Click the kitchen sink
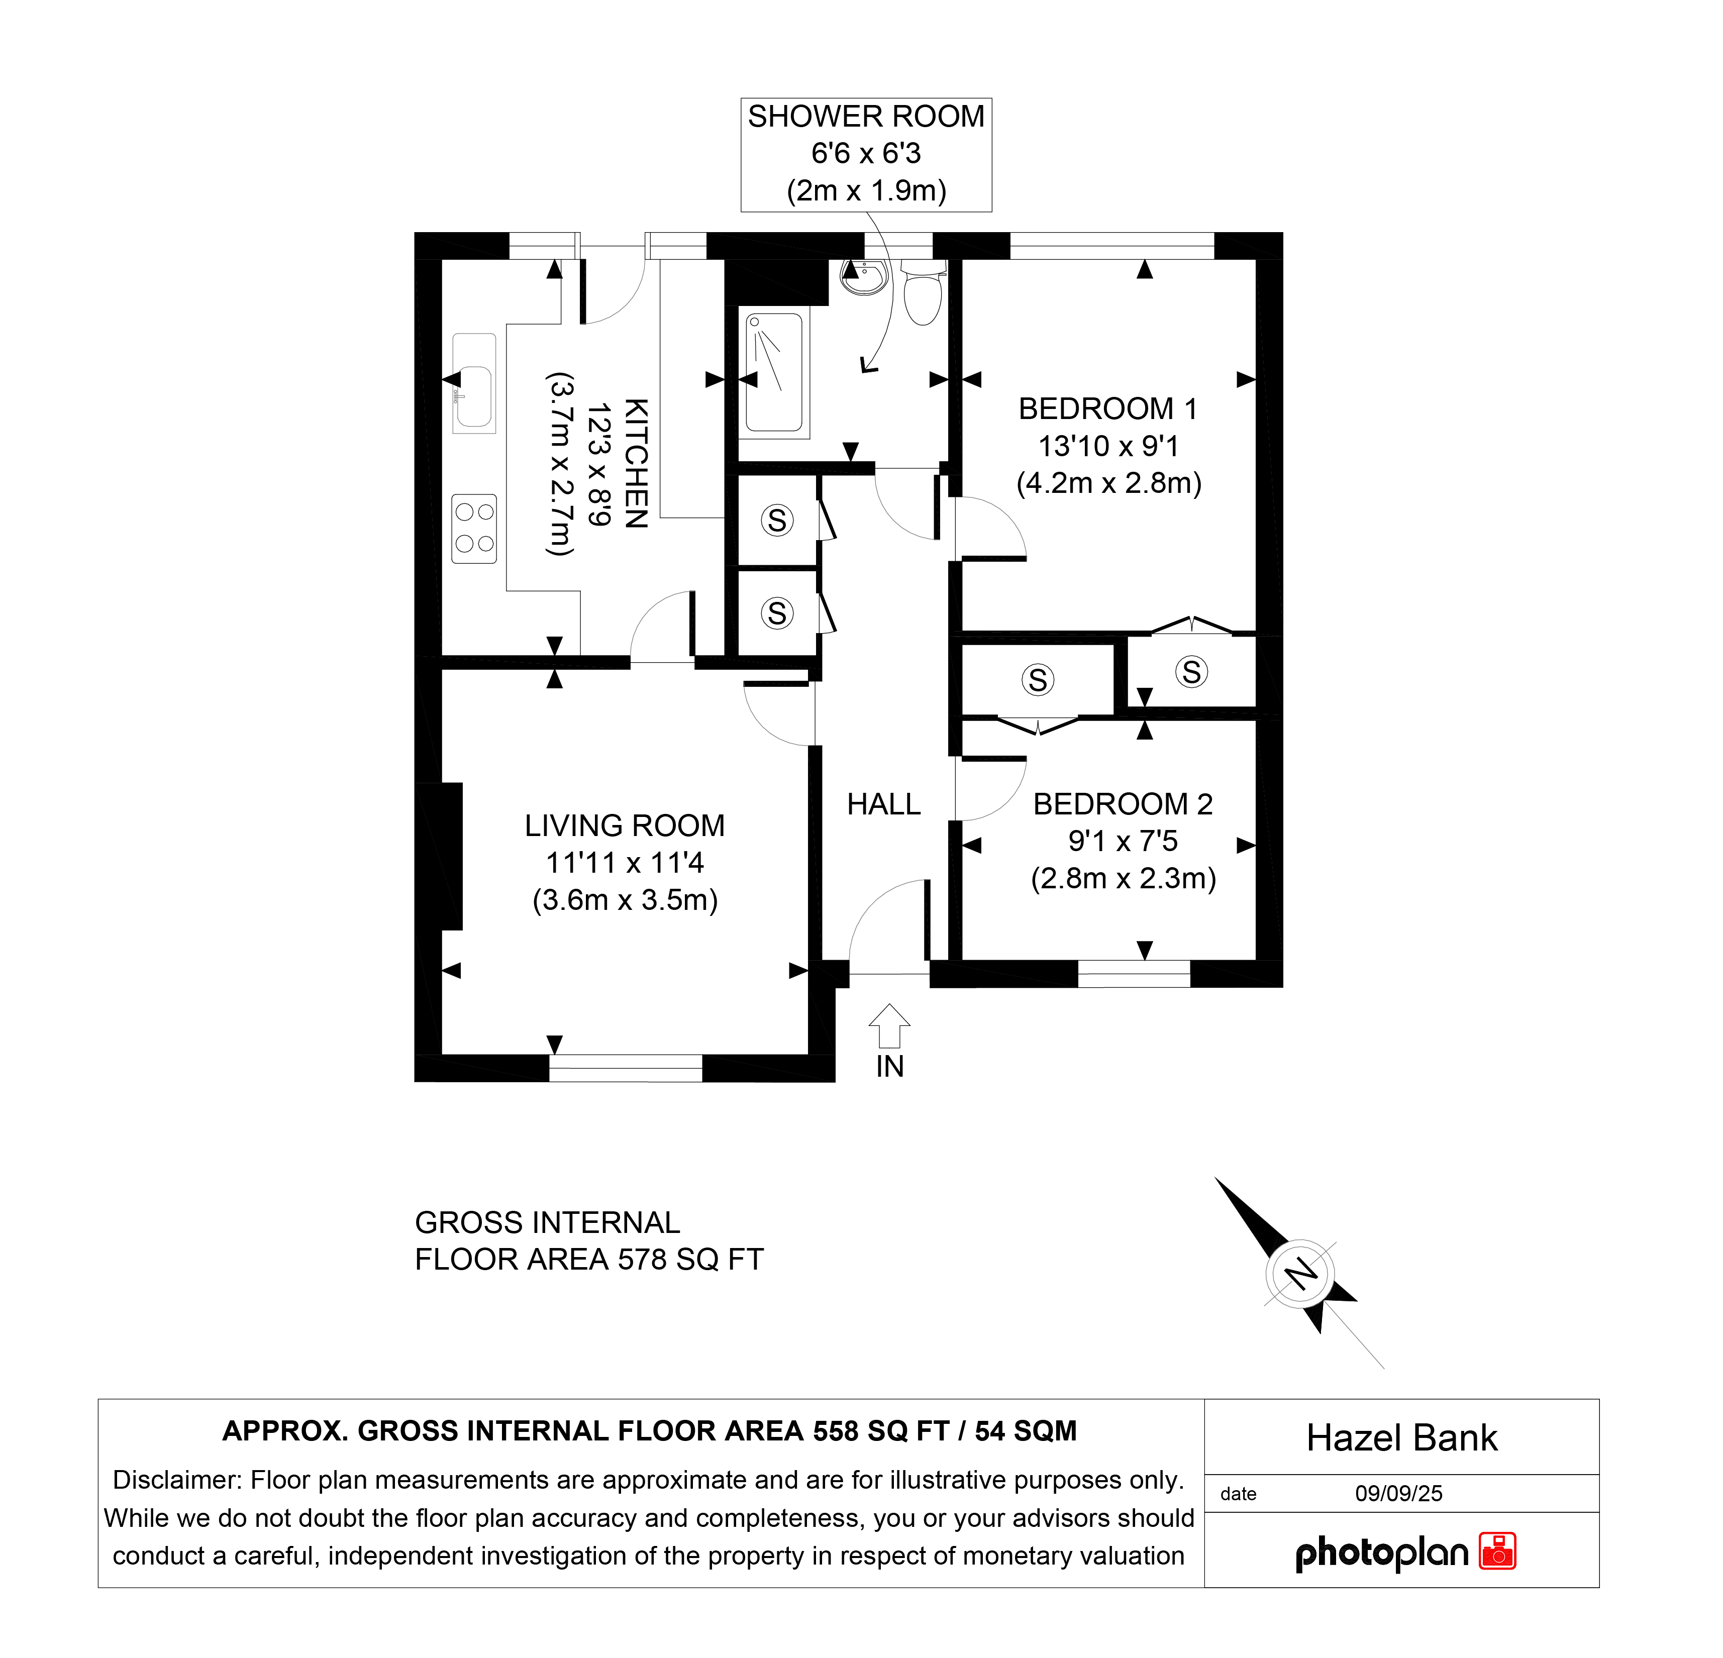[474, 383]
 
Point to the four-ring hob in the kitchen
[474, 529]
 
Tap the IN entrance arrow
[889, 1026]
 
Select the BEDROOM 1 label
[1107, 409]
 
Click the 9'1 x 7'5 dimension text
[1123, 841]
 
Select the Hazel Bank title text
[1401, 1438]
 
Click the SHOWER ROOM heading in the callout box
[866, 117]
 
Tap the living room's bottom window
[626, 1068]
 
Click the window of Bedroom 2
[1134, 974]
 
